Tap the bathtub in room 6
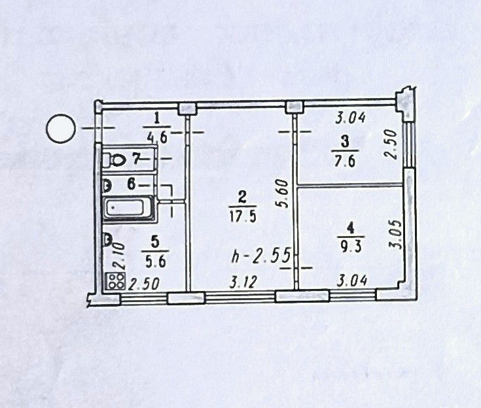(128, 209)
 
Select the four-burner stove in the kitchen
(116, 281)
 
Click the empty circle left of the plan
(61, 128)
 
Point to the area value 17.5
(243, 216)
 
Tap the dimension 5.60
(283, 194)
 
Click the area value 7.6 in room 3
(345, 161)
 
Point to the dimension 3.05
(395, 234)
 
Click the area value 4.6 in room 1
(157, 137)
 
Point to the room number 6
(132, 184)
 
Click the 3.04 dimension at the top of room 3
(350, 118)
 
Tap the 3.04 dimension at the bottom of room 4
(352, 280)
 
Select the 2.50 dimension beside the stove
(143, 284)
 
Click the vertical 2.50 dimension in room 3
(391, 144)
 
